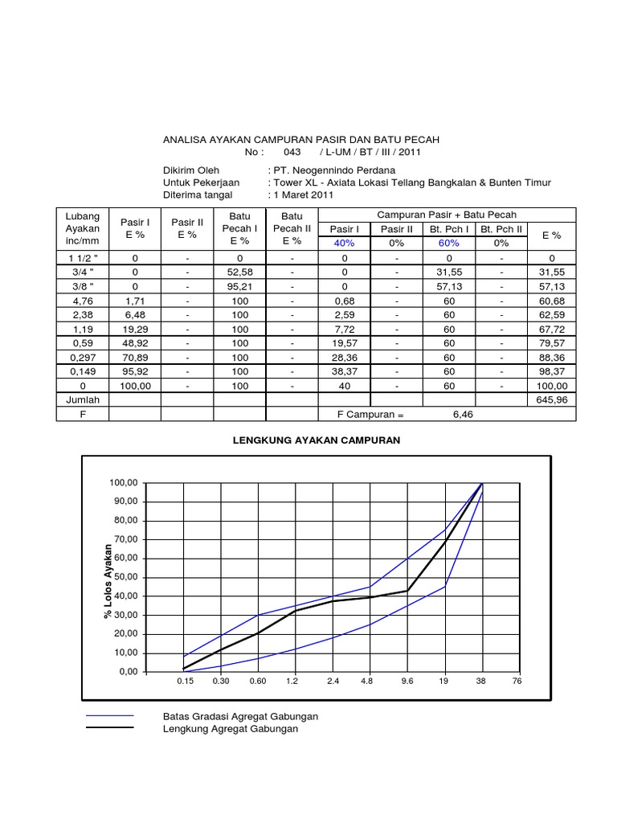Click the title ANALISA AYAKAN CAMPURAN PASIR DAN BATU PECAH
[x=300, y=140]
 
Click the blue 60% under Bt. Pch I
[x=449, y=243]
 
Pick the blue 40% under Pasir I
[x=345, y=243]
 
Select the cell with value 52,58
[x=240, y=272]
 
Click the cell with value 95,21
[x=240, y=285]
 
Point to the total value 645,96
[x=550, y=399]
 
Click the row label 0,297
[x=82, y=357]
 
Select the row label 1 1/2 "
[x=82, y=258]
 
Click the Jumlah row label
[x=82, y=399]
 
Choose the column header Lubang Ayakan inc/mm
[x=82, y=228]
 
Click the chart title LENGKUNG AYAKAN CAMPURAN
[x=317, y=440]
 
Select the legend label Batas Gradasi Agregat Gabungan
[x=240, y=716]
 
